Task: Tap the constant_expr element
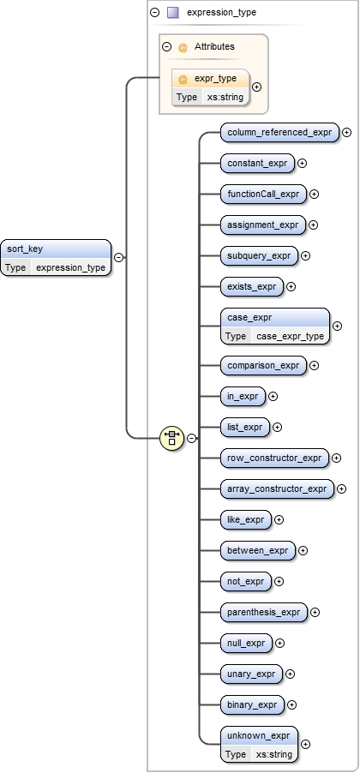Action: click(x=256, y=163)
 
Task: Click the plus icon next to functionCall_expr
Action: click(x=314, y=194)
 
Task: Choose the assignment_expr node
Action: click(x=262, y=225)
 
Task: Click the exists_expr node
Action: click(x=251, y=286)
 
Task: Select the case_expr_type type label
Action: click(x=290, y=336)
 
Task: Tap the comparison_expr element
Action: click(x=263, y=365)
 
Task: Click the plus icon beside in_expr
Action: click(x=273, y=396)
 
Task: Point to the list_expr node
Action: click(x=244, y=427)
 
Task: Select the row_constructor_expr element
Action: click(x=274, y=458)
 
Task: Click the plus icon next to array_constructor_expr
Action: click(x=342, y=488)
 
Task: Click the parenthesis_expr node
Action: click(x=264, y=612)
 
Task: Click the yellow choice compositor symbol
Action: click(x=172, y=438)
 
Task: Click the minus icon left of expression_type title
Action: click(x=154, y=13)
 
